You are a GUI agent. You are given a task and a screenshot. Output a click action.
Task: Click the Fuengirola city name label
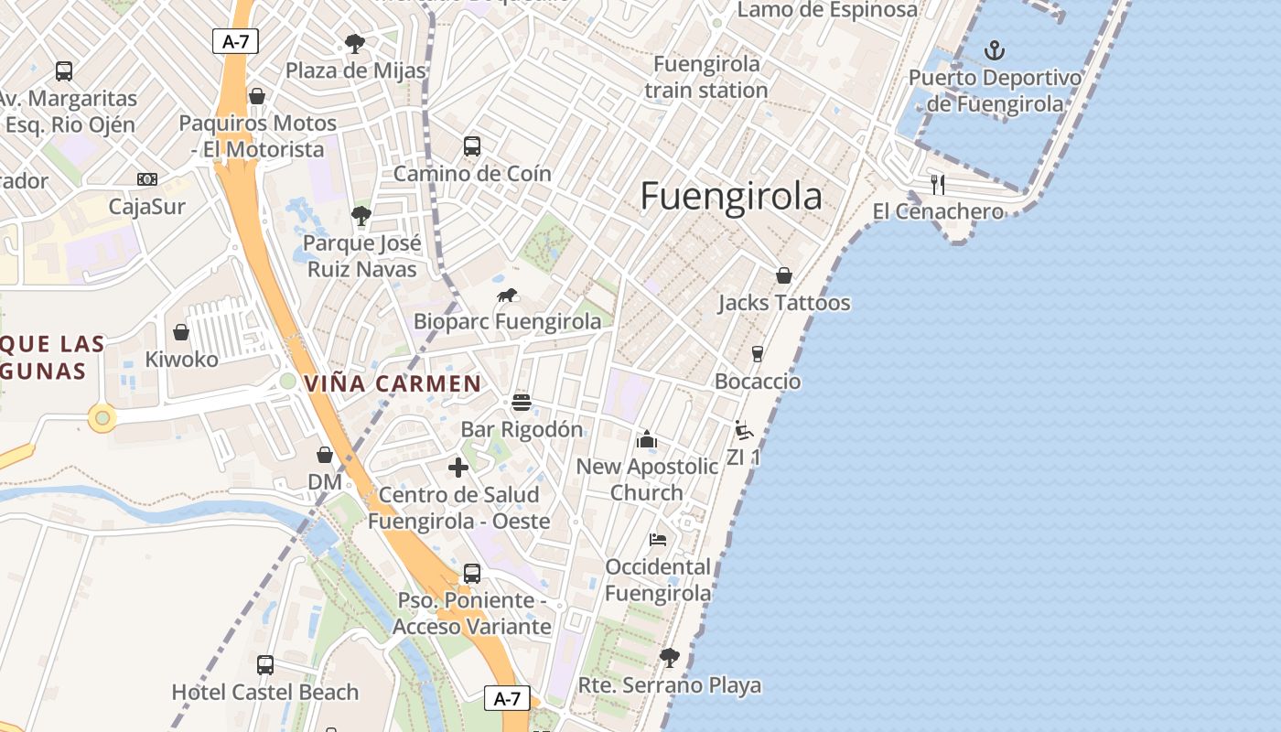click(730, 197)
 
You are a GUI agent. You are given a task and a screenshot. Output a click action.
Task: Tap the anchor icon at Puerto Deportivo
click(994, 50)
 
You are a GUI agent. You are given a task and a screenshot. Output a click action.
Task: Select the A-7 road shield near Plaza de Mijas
click(236, 41)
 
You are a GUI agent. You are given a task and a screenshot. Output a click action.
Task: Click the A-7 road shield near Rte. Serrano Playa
click(507, 699)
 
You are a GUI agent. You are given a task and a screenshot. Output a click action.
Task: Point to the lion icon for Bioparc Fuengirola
click(507, 296)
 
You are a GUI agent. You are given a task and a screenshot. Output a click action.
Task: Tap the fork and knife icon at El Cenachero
click(937, 185)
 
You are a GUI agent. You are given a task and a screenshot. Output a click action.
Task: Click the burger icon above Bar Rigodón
click(522, 403)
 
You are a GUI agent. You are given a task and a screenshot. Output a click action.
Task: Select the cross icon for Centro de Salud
click(458, 468)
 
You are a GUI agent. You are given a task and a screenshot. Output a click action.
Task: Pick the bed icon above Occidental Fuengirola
click(658, 540)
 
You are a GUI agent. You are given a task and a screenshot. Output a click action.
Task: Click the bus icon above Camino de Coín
click(472, 146)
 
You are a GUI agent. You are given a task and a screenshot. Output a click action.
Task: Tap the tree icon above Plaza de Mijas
click(355, 43)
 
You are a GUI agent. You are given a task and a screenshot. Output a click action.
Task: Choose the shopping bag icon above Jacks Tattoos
click(784, 275)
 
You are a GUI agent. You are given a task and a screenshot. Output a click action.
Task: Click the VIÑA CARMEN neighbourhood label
click(393, 383)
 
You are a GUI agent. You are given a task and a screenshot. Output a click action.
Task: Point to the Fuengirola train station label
click(705, 77)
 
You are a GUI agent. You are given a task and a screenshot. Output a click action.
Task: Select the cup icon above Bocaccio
click(758, 354)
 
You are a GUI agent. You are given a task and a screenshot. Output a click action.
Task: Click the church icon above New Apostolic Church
click(647, 439)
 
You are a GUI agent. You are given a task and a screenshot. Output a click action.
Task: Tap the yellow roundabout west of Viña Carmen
click(102, 419)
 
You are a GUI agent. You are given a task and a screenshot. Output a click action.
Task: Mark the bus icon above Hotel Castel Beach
click(265, 665)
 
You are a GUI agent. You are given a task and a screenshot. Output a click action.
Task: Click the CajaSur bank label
click(146, 206)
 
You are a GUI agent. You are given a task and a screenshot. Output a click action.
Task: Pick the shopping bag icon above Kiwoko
click(181, 332)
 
